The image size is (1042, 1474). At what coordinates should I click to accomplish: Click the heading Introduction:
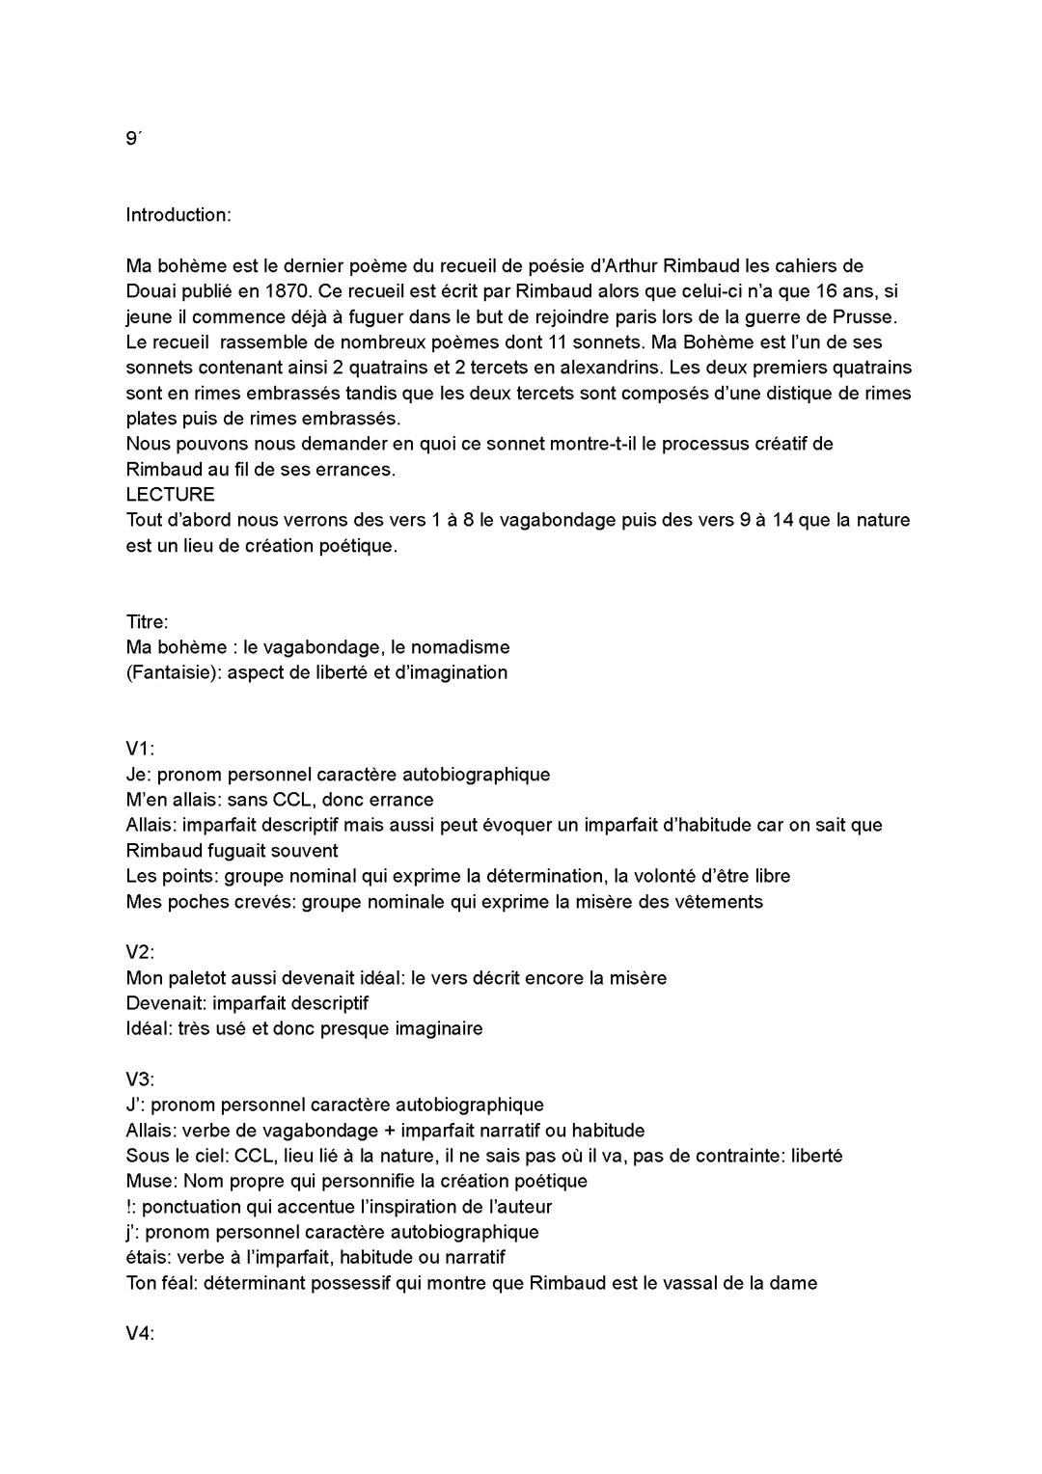178,215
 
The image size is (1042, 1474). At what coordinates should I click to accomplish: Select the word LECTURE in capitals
170,495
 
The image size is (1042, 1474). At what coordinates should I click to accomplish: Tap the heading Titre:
147,622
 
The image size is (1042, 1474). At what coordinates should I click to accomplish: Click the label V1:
140,749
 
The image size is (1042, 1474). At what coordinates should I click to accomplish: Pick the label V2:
140,952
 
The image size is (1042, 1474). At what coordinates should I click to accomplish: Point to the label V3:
140,1079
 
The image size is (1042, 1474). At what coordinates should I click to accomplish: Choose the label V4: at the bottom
140,1334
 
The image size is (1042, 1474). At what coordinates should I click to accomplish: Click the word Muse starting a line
149,1181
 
